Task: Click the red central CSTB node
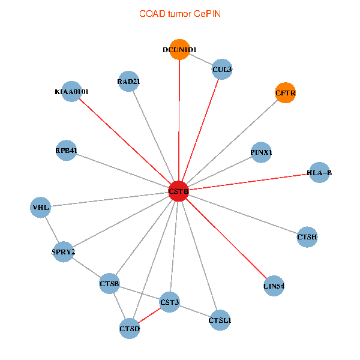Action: [x=179, y=191]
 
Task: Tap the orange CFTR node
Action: [x=286, y=93]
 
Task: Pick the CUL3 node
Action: [x=222, y=69]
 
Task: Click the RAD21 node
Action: [x=129, y=82]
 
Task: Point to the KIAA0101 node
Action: [x=71, y=92]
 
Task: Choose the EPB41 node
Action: [x=66, y=150]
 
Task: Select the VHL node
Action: [x=41, y=208]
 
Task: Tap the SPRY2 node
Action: [x=64, y=251]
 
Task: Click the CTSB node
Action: [x=110, y=283]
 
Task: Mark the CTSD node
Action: [x=130, y=328]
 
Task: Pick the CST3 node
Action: [x=170, y=302]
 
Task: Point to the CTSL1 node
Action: [x=220, y=320]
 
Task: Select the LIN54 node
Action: [x=274, y=286]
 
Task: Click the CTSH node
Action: [x=307, y=238]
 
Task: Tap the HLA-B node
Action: [x=319, y=173]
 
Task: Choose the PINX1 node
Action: [x=262, y=152]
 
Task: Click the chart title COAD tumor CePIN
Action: [x=179, y=13]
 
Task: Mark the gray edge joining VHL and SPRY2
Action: [x=52, y=230]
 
